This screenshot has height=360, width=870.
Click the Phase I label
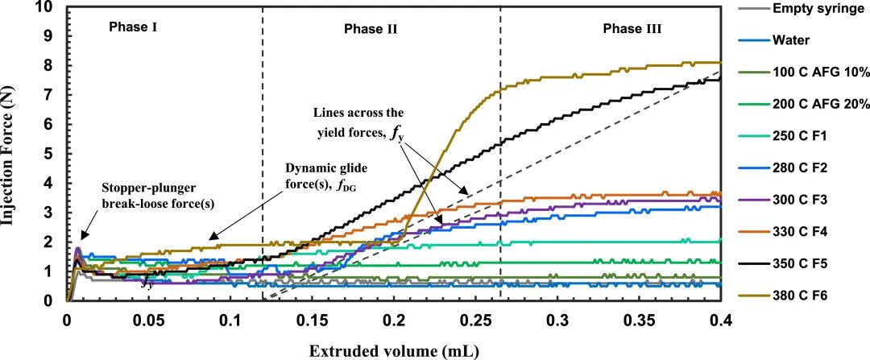pos(133,27)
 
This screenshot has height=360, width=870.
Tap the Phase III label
pos(632,29)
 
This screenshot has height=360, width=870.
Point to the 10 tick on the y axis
pos(51,7)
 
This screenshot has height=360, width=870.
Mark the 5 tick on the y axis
pos(54,154)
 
